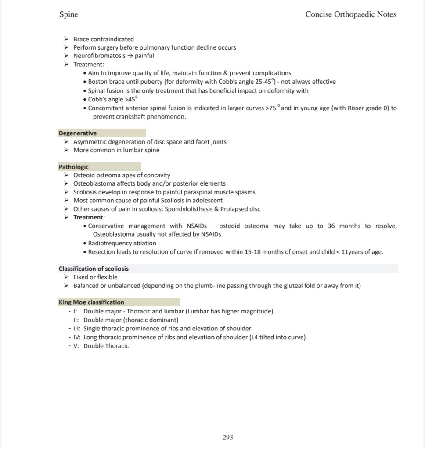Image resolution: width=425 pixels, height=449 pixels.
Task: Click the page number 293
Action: pyautogui.click(x=228, y=437)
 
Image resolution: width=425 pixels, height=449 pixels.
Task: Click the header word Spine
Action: pyautogui.click(x=68, y=14)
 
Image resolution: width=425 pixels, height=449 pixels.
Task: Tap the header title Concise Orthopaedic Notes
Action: pyautogui.click(x=350, y=14)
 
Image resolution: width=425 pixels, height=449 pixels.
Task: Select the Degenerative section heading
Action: pyautogui.click(x=78, y=133)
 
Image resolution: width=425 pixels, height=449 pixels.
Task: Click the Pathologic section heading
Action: pyautogui.click(x=74, y=167)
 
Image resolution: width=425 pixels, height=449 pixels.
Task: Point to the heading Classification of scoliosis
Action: pyautogui.click(x=94, y=269)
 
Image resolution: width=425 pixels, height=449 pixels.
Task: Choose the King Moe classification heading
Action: pyautogui.click(x=91, y=302)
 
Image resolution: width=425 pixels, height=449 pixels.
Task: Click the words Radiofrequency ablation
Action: pyautogui.click(x=122, y=243)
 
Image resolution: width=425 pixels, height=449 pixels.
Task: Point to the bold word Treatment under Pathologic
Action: pyautogui.click(x=89, y=217)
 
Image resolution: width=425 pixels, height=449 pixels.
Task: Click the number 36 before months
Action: pyautogui.click(x=332, y=226)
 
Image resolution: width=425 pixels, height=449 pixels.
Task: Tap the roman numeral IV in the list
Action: pyautogui.click(x=77, y=337)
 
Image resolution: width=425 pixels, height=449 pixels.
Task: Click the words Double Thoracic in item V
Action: pyautogui.click(x=106, y=346)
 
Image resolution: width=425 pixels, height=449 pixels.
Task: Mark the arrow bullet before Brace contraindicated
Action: pyautogui.click(x=66, y=39)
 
